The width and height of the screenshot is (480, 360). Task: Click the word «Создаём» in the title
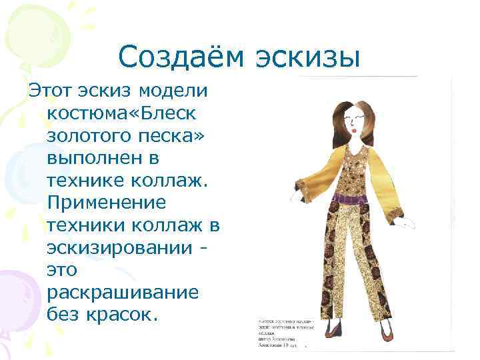178,58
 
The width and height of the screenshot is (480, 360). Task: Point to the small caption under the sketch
281,333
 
